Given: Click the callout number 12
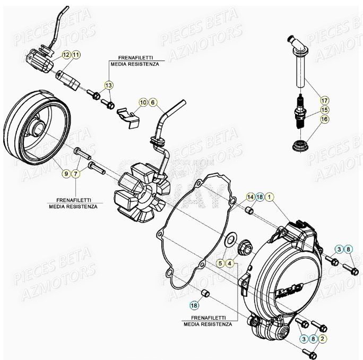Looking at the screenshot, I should point(66,55).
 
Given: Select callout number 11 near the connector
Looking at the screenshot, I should point(76,55).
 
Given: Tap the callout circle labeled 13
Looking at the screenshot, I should point(108,85).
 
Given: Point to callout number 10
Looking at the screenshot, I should point(143,102).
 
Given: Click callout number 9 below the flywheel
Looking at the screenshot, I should point(66,174).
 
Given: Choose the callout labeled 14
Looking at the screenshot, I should point(250,197).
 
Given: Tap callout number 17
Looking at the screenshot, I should point(324,99).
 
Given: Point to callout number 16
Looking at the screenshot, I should point(324,120).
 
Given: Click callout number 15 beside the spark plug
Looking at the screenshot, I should point(324,110).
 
